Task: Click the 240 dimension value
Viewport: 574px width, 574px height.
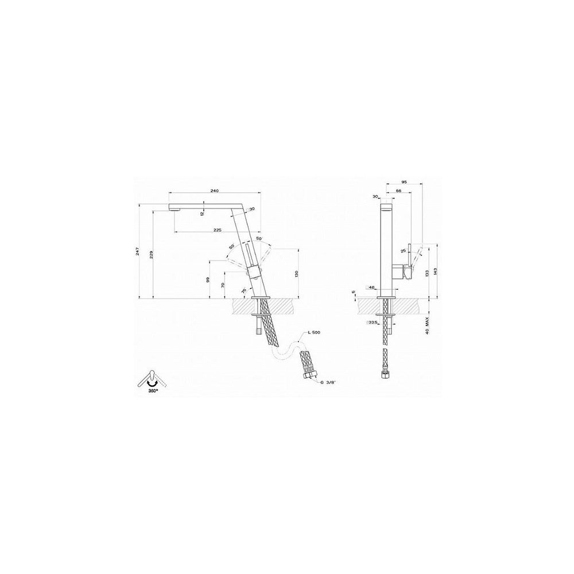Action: [x=215, y=191]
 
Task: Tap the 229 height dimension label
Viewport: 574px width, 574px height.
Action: [x=152, y=255]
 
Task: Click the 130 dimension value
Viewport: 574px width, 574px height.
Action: [x=296, y=273]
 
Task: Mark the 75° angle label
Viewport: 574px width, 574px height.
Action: [x=245, y=292]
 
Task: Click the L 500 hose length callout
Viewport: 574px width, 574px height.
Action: [x=315, y=333]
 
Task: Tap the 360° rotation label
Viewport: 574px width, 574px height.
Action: [x=151, y=389]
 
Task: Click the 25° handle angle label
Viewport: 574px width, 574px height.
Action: [x=403, y=251]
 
